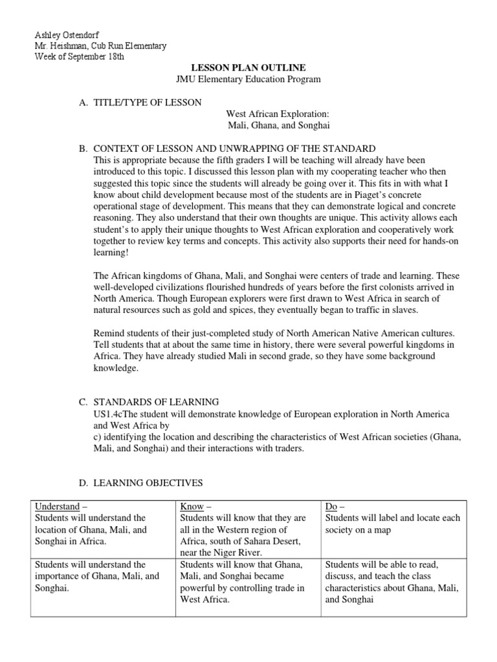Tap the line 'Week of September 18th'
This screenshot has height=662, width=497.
79,56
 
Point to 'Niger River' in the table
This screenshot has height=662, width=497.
239,553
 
